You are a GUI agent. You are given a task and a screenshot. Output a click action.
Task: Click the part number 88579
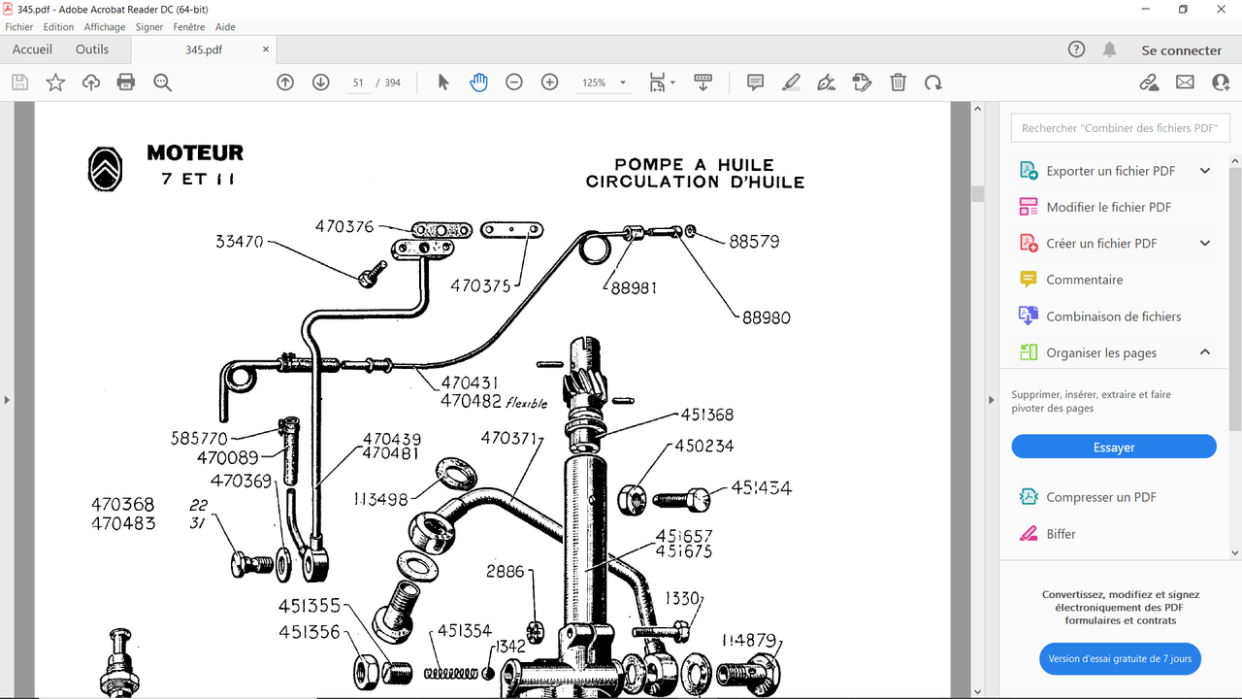click(x=754, y=242)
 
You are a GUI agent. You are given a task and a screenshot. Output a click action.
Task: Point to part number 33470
click(x=239, y=242)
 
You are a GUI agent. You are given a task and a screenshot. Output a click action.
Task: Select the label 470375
click(x=480, y=285)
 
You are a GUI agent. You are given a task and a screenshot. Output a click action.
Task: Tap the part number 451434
click(x=762, y=487)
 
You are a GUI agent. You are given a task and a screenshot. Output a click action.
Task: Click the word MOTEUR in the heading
click(x=195, y=152)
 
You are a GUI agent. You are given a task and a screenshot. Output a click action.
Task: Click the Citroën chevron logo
click(x=105, y=169)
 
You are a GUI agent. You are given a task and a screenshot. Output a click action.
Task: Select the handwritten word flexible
click(x=526, y=403)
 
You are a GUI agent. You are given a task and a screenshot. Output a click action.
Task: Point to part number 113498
click(x=381, y=499)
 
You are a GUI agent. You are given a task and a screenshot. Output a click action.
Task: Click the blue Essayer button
click(x=1113, y=447)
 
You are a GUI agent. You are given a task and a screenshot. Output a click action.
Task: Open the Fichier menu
click(x=18, y=26)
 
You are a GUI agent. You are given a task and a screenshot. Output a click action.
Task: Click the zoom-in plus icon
click(x=549, y=83)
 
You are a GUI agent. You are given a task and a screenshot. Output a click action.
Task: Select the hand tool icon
click(x=478, y=83)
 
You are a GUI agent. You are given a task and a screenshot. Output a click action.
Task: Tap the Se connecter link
click(x=1182, y=50)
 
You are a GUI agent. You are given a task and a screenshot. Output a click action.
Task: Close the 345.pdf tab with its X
click(x=266, y=50)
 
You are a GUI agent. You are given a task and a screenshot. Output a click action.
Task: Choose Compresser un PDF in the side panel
click(x=1100, y=497)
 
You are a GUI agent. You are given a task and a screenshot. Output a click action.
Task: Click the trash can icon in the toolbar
click(x=898, y=83)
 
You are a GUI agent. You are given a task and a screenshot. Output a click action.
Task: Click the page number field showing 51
click(x=358, y=83)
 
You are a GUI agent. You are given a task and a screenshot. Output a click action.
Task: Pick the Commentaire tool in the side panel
click(x=1084, y=280)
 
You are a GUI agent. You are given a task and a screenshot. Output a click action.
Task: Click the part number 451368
click(x=707, y=415)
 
